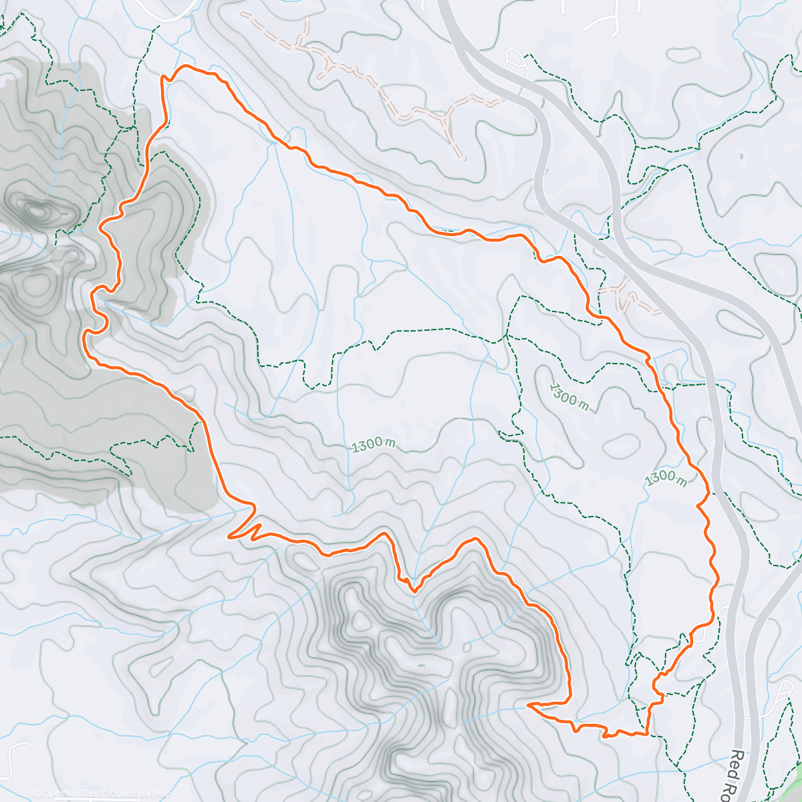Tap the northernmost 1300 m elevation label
tap(569, 397)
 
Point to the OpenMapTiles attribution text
tap(67, 793)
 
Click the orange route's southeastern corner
tap(647, 734)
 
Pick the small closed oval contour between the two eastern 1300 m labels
tap(622, 442)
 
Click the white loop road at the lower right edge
tap(782, 695)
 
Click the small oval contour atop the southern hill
tap(421, 666)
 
